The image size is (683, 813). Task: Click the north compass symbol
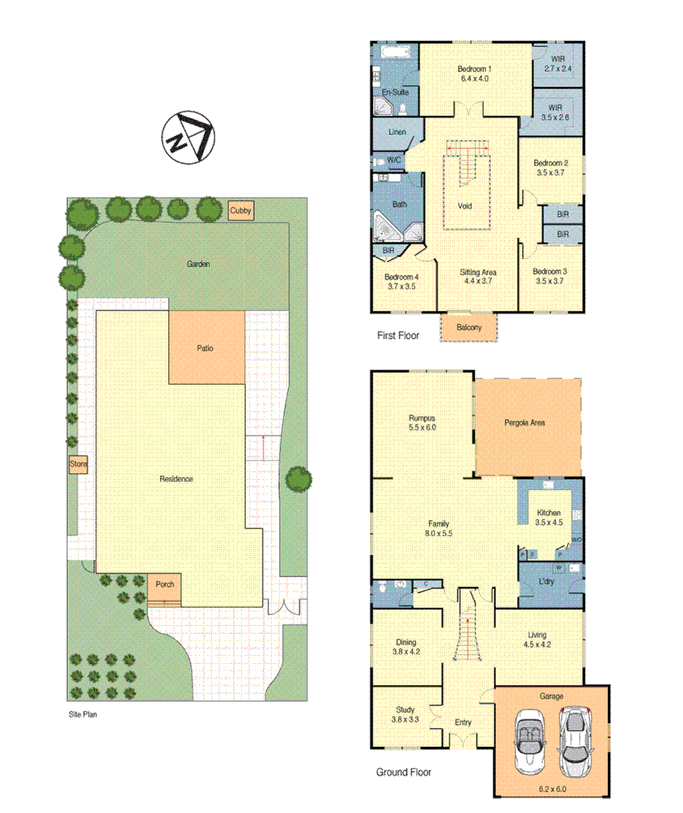click(x=187, y=138)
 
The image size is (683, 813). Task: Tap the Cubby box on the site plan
click(x=240, y=211)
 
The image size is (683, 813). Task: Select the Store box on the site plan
click(x=77, y=465)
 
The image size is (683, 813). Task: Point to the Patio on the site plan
click(x=206, y=348)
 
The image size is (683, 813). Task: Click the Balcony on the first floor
click(x=469, y=327)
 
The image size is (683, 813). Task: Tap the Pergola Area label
click(x=524, y=422)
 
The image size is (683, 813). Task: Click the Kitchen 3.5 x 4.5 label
click(x=548, y=518)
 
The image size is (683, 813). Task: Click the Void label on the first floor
click(x=464, y=206)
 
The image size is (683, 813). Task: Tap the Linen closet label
click(x=397, y=131)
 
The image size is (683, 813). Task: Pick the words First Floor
click(x=398, y=336)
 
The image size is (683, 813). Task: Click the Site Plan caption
click(x=82, y=714)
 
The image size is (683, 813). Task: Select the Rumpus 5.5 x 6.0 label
click(x=422, y=423)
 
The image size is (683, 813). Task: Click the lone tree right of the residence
click(x=298, y=479)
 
